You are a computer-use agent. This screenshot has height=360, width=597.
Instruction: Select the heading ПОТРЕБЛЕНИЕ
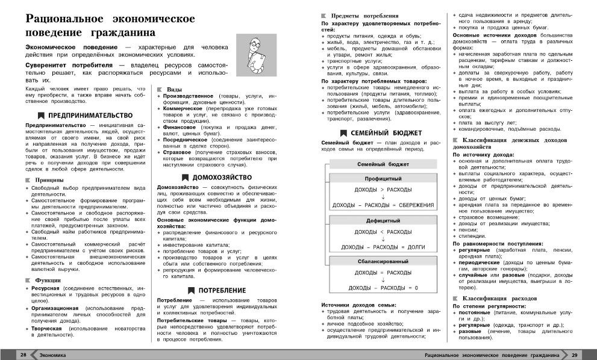pos(222,290)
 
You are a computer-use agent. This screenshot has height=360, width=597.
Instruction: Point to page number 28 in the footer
pos(23,354)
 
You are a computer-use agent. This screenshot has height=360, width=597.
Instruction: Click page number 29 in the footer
pos(574,354)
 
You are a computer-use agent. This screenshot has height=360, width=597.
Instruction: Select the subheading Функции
pos(47,280)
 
